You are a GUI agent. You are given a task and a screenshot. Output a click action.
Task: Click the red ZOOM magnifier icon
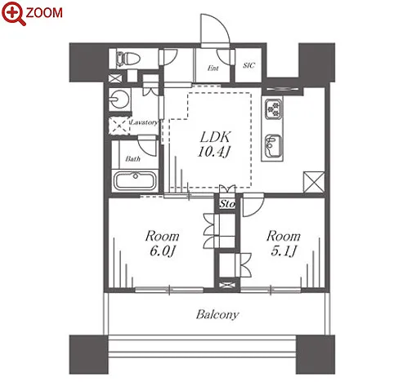(x=14, y=13)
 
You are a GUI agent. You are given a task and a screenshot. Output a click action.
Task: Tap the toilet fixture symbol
(x=127, y=59)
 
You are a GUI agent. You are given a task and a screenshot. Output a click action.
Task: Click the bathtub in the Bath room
(x=135, y=180)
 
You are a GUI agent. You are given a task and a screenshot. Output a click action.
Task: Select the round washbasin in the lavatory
(x=119, y=99)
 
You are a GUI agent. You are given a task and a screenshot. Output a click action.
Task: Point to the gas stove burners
(x=274, y=109)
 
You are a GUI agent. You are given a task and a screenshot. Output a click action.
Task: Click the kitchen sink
(x=273, y=146)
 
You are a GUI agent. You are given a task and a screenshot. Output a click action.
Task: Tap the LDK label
(x=216, y=137)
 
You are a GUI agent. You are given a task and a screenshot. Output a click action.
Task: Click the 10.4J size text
(x=214, y=151)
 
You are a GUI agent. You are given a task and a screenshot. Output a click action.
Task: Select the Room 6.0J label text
(x=163, y=243)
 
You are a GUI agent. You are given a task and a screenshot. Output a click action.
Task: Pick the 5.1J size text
(x=284, y=250)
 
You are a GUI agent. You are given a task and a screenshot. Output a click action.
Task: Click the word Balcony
(x=217, y=314)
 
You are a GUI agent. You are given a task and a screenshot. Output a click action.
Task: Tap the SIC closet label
(x=249, y=65)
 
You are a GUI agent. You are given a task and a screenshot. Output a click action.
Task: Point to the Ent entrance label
(x=213, y=68)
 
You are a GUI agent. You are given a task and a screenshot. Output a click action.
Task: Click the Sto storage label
(x=227, y=204)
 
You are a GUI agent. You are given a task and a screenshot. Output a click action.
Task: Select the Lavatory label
(x=145, y=122)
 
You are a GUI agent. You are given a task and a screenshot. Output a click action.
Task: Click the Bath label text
(x=133, y=158)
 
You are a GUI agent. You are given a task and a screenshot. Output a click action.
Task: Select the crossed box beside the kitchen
(x=314, y=182)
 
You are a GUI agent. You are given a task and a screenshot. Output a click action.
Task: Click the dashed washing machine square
(x=119, y=125)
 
